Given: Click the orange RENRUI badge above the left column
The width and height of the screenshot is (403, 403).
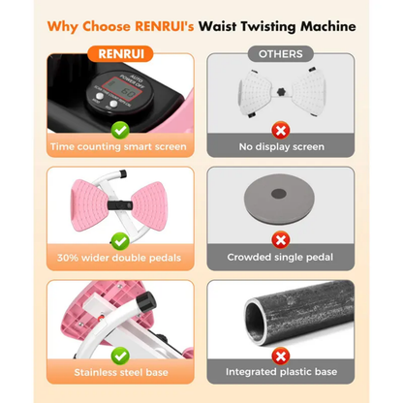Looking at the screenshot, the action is coord(120,54).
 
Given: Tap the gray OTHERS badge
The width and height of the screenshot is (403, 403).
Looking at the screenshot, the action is coord(280,54).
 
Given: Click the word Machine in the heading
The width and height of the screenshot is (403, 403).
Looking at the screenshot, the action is coord(328,26).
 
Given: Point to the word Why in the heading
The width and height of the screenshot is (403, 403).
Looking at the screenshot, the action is coord(62,27).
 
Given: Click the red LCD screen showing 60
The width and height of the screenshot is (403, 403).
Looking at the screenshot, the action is coord(123,89).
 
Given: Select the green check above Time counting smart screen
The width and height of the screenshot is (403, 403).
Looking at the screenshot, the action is coord(120,131).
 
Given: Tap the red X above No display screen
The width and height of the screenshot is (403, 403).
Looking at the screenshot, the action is coord(281,131).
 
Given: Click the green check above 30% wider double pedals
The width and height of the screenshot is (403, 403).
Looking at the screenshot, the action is coord(120,241).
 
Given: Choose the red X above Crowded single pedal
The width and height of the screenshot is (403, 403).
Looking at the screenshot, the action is coord(281,240).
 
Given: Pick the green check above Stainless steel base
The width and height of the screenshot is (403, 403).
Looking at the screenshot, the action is coord(120,356).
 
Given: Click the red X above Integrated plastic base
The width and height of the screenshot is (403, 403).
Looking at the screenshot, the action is coord(281,356).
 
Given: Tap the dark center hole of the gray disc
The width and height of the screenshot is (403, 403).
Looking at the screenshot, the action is coord(279,194).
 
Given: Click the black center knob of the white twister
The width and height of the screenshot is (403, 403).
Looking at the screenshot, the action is coord(282,92).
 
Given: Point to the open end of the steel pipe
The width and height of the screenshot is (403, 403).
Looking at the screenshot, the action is coord(256,322).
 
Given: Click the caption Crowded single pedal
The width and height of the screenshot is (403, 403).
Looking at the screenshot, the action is coord(280,258).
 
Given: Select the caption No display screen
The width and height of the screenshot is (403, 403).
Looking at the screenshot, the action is coord(281,147).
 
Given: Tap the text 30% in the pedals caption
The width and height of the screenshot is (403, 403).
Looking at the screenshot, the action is coord(68,258).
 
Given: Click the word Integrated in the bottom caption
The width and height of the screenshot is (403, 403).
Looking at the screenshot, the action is coord(252,372).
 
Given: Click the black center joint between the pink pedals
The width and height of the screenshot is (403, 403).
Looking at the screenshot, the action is coord(120,205).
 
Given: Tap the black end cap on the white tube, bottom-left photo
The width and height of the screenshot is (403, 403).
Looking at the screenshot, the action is coord(146,301).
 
